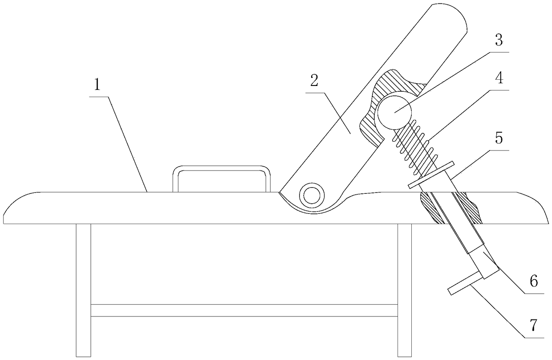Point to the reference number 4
tap(499, 79)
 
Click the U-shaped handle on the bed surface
tap(222, 169)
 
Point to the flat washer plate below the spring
tap(431, 175)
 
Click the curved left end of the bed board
tap(18, 209)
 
